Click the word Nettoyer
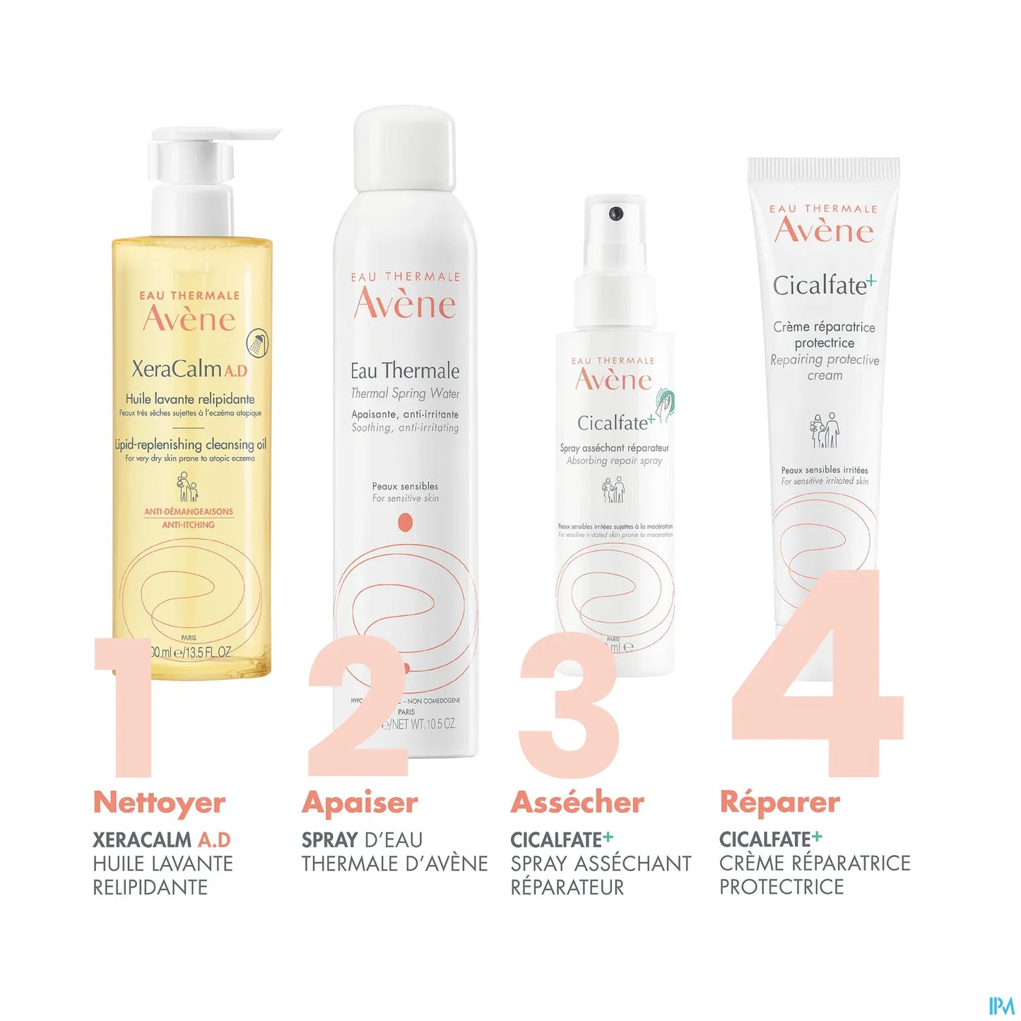pos(159,803)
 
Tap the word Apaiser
pos(360,803)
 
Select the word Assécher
pos(577,803)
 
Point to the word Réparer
pos(779,803)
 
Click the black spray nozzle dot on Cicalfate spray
pos(615,213)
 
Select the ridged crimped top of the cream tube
pos(824,170)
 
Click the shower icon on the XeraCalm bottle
pos(257,343)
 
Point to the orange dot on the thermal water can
pos(405,523)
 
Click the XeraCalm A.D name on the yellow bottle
pos(189,369)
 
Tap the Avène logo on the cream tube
pos(824,230)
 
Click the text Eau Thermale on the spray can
pos(405,371)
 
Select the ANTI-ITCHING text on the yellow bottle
pos(188,525)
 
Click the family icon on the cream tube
pos(824,430)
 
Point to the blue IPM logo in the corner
pos(1001,1005)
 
